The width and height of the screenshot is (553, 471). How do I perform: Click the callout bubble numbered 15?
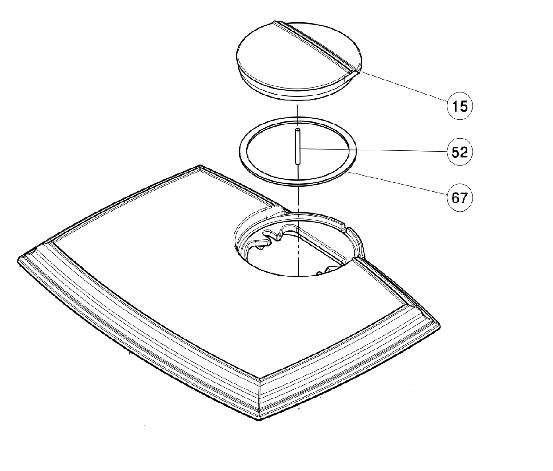(460, 106)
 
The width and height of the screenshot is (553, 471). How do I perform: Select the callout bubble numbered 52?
(460, 152)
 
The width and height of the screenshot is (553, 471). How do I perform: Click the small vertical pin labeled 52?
(297, 146)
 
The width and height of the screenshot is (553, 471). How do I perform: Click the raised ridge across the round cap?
(316, 48)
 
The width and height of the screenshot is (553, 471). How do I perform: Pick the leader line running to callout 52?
(373, 150)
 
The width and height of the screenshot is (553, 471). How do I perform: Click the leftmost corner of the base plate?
(18, 259)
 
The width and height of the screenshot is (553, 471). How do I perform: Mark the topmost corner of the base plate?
(200, 165)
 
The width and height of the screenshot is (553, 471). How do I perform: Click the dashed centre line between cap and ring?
(297, 110)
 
